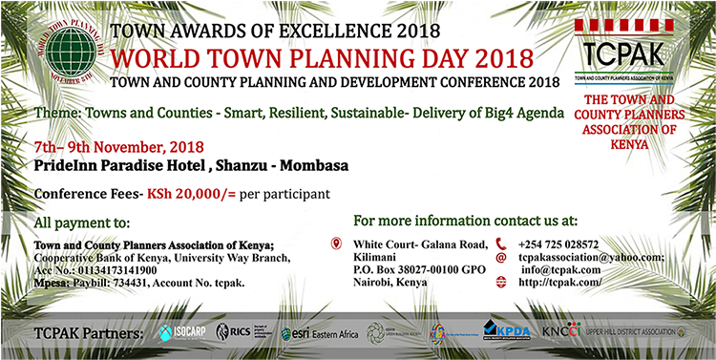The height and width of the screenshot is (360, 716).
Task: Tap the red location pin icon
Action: (x=335, y=243)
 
